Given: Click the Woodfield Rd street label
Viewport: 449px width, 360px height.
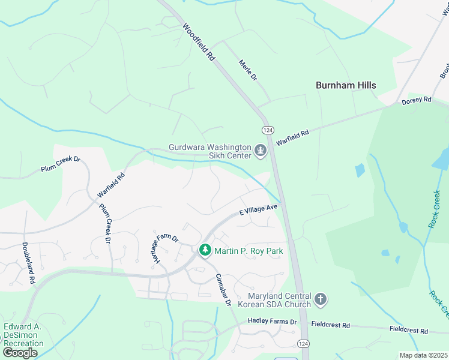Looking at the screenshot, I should (199, 42).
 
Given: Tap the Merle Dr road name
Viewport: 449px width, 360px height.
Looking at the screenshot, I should (247, 70).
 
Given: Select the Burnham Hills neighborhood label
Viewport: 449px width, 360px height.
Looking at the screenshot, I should (346, 85).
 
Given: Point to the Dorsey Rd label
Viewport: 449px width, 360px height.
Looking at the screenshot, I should (417, 101).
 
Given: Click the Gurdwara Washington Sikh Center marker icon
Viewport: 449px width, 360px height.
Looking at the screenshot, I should (261, 151).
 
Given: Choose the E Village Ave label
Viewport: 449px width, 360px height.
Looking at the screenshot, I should (258, 209).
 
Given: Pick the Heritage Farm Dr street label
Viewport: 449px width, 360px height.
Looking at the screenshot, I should (164, 247).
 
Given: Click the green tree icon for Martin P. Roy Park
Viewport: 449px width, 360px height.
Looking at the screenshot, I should (205, 250).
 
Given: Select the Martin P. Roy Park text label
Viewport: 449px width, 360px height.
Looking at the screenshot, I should (249, 250).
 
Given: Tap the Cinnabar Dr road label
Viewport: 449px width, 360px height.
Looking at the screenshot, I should (223, 290).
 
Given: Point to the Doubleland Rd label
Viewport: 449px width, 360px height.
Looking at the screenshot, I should (29, 263).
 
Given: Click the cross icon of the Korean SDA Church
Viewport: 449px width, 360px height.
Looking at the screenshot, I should (321, 299).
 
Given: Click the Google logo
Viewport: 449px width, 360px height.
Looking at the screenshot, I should (20, 352).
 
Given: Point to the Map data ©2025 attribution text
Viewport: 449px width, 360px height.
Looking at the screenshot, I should (423, 355).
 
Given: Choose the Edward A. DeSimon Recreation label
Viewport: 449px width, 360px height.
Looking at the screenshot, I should (24, 335).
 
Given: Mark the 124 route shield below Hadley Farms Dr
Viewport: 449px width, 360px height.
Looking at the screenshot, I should (303, 341).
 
